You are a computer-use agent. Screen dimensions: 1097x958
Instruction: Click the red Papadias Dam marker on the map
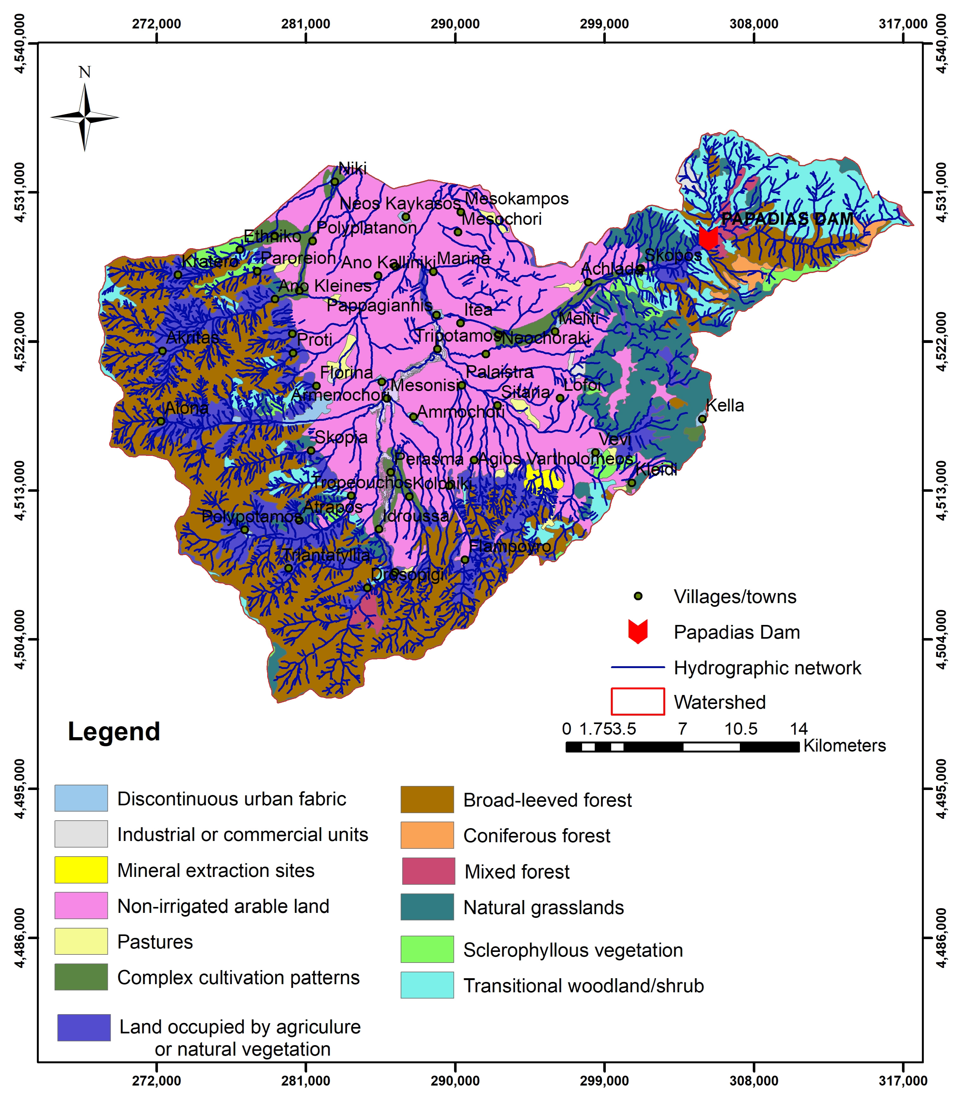708,238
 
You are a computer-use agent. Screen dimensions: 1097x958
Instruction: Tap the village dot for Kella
702,419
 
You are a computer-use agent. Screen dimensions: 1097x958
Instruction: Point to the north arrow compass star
84,117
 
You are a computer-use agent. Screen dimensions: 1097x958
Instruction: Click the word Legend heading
114,731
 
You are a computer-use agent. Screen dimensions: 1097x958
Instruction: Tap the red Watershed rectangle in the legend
638,702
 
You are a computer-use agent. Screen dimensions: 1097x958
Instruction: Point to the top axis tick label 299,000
604,24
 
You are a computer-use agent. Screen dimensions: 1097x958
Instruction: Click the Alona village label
186,408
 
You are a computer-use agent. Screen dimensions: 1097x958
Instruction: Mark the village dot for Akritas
162,351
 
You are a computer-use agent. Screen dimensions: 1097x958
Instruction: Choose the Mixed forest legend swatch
428,871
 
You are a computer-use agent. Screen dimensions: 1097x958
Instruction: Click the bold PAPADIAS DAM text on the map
787,219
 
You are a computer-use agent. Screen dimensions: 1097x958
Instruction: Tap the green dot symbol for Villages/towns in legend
638,596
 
